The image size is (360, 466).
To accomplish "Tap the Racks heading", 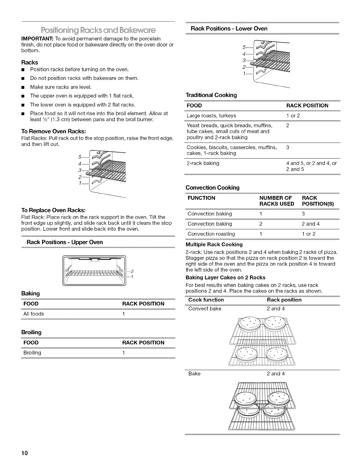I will click(x=29, y=62).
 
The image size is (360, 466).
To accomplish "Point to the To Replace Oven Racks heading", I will click(x=54, y=210).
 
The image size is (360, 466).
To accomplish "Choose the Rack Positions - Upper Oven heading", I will click(x=65, y=242).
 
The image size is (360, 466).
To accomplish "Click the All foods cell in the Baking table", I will click(x=34, y=314).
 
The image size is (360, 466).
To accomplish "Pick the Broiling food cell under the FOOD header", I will click(x=32, y=353).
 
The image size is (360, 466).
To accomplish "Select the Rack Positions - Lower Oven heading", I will click(x=229, y=29).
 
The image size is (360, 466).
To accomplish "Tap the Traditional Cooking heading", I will click(x=211, y=95).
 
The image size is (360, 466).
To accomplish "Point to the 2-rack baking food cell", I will click(x=203, y=163).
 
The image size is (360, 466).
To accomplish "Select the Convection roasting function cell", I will click(x=211, y=234).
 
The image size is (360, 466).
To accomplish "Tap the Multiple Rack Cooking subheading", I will click(x=214, y=244).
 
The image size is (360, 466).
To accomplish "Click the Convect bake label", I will click(x=205, y=309).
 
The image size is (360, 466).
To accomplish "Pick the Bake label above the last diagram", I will click(x=194, y=374).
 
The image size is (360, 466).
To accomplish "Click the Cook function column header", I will click(x=206, y=300).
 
